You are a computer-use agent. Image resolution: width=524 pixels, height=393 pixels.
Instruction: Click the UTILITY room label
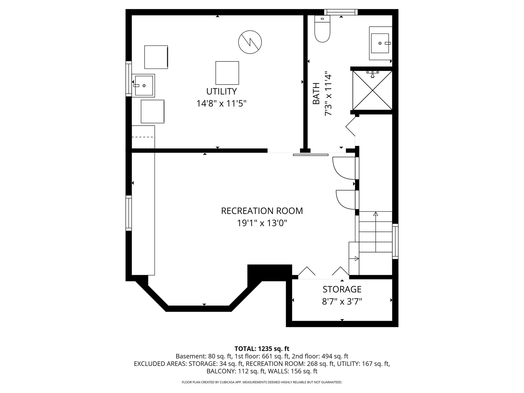tap(222, 91)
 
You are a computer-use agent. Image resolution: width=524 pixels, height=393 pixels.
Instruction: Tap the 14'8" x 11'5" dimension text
tap(222, 104)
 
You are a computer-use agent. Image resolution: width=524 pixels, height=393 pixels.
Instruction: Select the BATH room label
tap(316, 94)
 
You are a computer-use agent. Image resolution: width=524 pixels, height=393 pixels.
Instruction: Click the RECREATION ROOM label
tap(262, 211)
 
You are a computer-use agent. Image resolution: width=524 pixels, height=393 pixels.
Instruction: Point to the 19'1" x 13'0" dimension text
tap(262, 223)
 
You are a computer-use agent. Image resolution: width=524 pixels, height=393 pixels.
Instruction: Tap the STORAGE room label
tap(342, 289)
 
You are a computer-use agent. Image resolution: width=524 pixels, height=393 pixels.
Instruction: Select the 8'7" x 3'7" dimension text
tap(342, 302)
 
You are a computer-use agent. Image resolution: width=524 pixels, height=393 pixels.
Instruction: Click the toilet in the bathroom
tap(322, 29)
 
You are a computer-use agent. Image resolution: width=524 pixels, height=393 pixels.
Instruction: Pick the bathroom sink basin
tap(380, 43)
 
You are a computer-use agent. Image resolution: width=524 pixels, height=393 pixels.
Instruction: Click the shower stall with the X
tap(372, 90)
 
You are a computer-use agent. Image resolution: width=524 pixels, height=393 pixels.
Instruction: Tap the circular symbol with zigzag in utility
tap(250, 42)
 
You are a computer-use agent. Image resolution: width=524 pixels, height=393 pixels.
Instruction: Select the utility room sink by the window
tap(144, 85)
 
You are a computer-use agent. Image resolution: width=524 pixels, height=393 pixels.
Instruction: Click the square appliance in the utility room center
tap(227, 73)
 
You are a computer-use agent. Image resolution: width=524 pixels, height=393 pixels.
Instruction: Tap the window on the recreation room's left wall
tap(128, 213)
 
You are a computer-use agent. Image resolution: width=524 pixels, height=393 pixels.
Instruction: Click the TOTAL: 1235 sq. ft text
tap(262, 349)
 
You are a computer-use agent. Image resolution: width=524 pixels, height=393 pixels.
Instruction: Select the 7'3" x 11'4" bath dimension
tap(328, 94)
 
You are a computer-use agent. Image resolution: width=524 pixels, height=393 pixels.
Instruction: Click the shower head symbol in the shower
tap(373, 74)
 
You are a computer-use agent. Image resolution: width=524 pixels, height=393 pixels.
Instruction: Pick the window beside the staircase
tap(395, 241)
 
